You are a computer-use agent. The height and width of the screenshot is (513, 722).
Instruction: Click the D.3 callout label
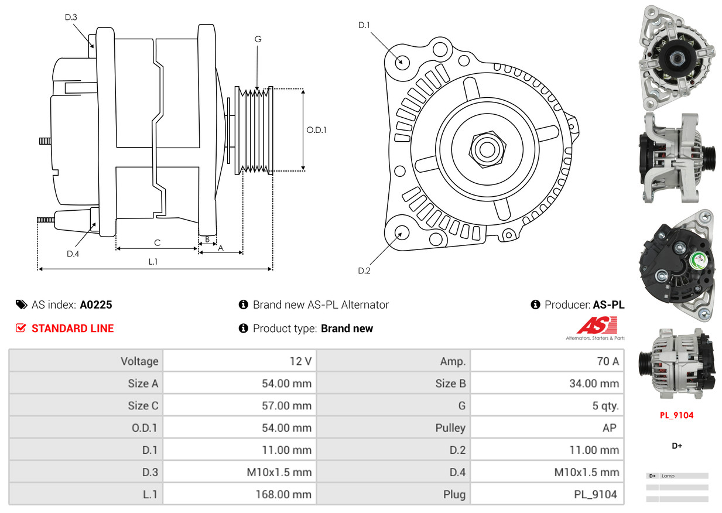coord(71,17)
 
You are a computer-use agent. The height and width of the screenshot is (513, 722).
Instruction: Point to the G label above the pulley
coord(258,39)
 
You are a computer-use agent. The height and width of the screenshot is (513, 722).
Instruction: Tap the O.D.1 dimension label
coord(316,130)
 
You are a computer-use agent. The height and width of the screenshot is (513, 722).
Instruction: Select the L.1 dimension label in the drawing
coord(153,262)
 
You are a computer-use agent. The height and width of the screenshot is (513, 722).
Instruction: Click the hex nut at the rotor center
coord(485,148)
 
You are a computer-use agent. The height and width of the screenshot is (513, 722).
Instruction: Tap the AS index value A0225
coord(96,305)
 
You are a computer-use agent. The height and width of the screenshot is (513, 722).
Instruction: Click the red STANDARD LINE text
coord(73,329)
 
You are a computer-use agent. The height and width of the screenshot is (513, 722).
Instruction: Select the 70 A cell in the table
coord(607,361)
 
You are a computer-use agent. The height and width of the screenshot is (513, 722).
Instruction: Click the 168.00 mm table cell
coord(283,494)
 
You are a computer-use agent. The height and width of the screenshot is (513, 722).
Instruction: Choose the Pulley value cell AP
coord(609,428)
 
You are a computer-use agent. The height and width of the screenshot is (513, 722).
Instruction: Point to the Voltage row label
coord(139,361)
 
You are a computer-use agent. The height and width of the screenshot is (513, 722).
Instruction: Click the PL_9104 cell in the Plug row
coord(595,494)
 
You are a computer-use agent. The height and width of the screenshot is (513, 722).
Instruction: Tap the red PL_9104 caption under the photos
coord(676,415)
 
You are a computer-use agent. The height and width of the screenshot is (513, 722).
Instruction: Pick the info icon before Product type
coord(244,329)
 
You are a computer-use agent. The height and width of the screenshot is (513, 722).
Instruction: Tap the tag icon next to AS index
coord(22,305)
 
